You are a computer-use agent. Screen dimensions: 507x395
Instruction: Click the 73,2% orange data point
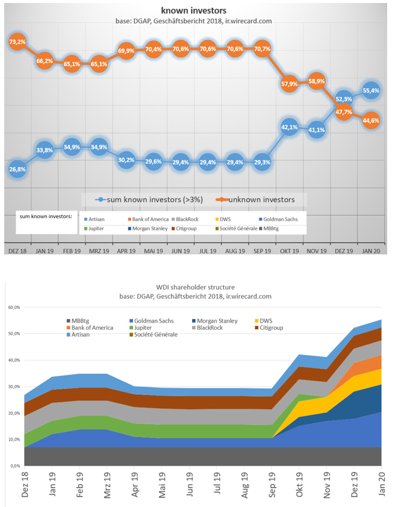(x=16, y=42)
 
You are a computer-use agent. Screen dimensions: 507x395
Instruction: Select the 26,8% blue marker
(x=16, y=169)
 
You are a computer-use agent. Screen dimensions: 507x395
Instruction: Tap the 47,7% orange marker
(x=343, y=112)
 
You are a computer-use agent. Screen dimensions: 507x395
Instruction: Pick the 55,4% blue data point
(x=371, y=90)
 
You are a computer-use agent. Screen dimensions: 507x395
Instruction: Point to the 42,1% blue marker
(x=289, y=128)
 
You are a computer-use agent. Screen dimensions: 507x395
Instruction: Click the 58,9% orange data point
(x=316, y=80)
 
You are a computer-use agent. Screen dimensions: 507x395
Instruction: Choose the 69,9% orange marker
(x=126, y=51)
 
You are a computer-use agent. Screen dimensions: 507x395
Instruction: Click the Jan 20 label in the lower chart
(x=381, y=484)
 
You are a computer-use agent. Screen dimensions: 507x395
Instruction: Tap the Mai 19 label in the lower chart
(x=162, y=484)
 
